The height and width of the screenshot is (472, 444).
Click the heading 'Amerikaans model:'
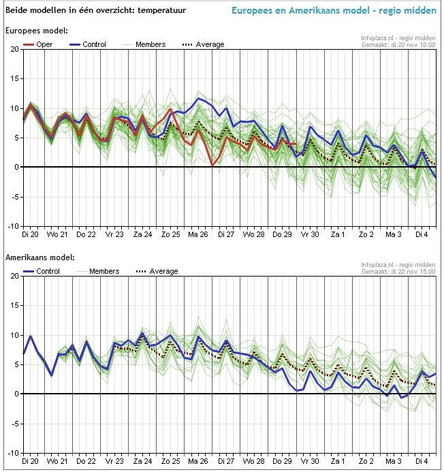coord(39,258)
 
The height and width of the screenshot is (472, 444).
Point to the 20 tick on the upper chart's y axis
coord(15,50)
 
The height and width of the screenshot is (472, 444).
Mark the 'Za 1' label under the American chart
coord(338,461)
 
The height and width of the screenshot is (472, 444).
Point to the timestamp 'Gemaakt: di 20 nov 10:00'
coord(398,45)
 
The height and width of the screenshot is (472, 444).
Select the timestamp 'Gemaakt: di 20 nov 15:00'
coord(398,272)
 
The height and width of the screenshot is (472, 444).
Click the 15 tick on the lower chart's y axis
coord(15,306)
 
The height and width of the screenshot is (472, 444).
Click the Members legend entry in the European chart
coord(150,44)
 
